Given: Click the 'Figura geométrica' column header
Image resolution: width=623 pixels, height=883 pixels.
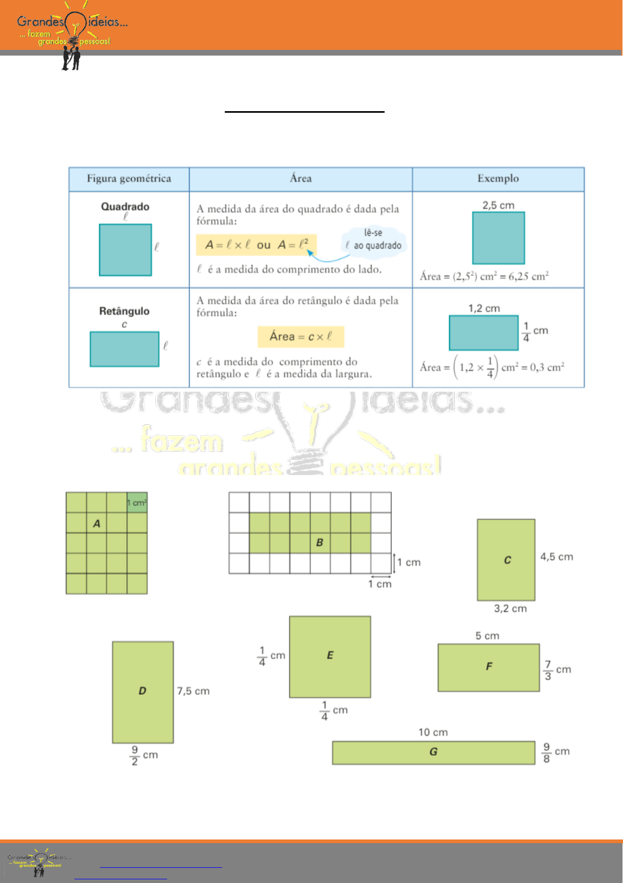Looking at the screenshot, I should click(129, 179).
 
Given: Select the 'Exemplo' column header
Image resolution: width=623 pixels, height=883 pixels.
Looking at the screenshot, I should click(498, 179).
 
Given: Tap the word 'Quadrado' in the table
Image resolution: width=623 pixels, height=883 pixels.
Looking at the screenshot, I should click(125, 207).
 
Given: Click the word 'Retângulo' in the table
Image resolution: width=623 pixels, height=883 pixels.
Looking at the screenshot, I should click(124, 311).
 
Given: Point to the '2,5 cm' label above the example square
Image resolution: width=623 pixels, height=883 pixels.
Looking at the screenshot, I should click(498, 205).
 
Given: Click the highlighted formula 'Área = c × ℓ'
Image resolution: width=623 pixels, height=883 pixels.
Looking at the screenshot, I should click(301, 337).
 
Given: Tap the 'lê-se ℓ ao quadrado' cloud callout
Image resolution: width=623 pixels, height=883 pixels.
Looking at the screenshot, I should click(374, 240).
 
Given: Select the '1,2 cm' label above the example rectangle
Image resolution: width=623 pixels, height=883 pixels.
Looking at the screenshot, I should click(484, 308).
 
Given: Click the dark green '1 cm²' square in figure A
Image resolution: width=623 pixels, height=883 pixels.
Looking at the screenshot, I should click(137, 502).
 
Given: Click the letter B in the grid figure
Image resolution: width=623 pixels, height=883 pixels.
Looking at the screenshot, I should click(320, 543).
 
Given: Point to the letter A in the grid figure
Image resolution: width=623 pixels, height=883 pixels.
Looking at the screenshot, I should click(96, 523).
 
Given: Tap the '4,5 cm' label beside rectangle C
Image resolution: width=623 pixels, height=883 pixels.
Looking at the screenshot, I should click(556, 557).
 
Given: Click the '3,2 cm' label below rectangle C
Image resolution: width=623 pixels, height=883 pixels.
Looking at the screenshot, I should click(510, 608).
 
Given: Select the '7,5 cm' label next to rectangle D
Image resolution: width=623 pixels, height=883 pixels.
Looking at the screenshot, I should click(193, 691).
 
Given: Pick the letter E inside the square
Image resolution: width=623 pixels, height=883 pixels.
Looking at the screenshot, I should click(330, 655).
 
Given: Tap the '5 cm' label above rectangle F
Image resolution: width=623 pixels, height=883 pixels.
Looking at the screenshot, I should click(487, 636).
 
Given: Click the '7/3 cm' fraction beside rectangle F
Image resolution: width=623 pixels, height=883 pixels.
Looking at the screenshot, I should click(557, 670).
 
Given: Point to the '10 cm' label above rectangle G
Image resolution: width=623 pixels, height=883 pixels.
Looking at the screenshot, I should click(433, 732).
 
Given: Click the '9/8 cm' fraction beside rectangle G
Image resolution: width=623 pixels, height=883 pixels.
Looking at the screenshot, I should click(556, 752).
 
